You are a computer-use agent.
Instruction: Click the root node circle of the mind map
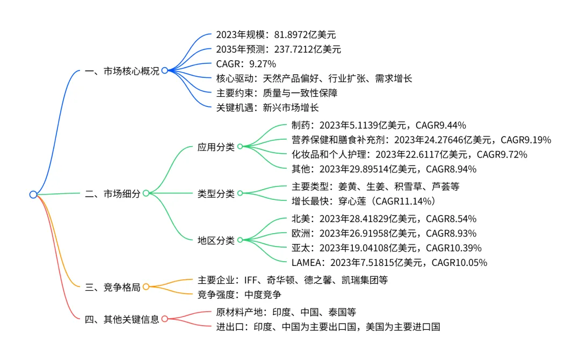click(x=33, y=194)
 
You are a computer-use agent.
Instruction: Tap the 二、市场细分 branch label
click(x=113, y=194)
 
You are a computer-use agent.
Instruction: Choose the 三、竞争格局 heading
click(x=113, y=287)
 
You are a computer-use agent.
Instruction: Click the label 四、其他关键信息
click(x=122, y=319)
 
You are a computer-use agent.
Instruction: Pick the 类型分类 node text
click(x=216, y=194)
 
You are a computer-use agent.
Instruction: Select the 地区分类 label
click(x=216, y=241)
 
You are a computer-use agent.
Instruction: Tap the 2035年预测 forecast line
click(x=278, y=49)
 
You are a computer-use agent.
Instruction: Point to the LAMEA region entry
click(x=388, y=263)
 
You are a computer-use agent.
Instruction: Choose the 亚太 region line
click(x=386, y=248)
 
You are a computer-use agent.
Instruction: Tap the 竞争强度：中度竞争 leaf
click(x=240, y=294)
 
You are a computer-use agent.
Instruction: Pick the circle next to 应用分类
click(x=240, y=147)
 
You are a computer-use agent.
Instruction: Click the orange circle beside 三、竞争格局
click(x=146, y=287)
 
